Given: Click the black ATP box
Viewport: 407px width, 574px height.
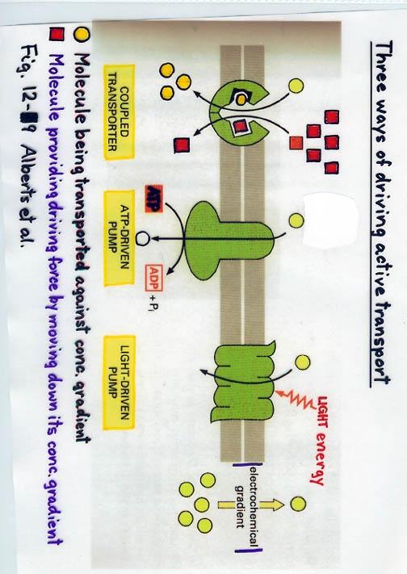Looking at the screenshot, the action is pos(154,199).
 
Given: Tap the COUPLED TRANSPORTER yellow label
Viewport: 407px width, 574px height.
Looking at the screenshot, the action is pos(119,112).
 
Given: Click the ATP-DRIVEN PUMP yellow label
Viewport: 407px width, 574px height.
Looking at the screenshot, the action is pos(119,238).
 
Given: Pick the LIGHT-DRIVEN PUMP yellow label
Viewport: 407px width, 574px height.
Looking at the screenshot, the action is pos(119,382).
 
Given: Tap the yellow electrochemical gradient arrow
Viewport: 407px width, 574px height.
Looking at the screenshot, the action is pos(250,505).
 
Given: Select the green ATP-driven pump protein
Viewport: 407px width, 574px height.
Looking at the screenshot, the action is pos(229,241).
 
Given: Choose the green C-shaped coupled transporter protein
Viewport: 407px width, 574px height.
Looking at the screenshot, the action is pos(237,114).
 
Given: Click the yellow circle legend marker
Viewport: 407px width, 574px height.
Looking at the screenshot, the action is pos(82,35).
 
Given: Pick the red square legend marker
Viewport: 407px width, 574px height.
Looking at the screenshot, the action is pos(57,36).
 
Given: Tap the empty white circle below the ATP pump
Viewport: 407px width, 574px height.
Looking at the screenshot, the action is pos(142,239).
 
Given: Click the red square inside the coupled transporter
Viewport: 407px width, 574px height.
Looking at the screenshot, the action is pos(240,127).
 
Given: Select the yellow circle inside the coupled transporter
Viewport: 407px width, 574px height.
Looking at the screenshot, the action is pos(241,98).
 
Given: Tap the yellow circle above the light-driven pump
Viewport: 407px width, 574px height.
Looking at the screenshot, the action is pos(302,362).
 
